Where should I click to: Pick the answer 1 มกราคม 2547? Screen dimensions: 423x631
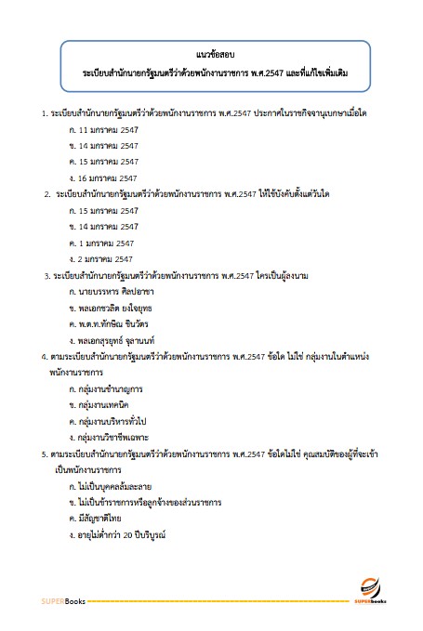click(x=101, y=243)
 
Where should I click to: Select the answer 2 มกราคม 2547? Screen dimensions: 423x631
click(x=101, y=258)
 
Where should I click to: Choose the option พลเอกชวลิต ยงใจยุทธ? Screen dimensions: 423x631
click(x=119, y=307)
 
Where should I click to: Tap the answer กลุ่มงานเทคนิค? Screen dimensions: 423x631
click(x=107, y=404)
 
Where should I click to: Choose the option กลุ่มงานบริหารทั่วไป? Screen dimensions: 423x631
click(x=115, y=420)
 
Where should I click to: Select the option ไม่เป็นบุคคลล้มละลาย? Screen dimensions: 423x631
click(x=116, y=485)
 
